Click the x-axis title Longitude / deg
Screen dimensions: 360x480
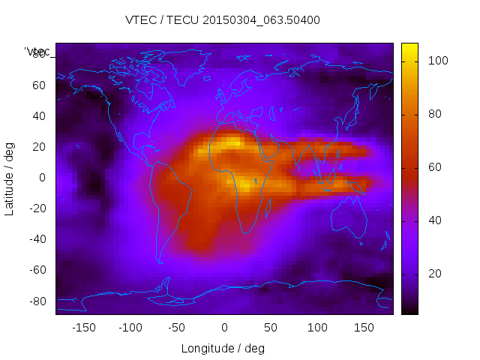223,348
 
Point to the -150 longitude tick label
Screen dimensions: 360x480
83,328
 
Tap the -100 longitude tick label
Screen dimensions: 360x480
130,328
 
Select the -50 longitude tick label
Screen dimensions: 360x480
177,328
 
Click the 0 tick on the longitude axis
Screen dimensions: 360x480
223,328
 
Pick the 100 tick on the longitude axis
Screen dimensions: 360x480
317,328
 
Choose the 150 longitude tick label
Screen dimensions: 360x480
364,328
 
